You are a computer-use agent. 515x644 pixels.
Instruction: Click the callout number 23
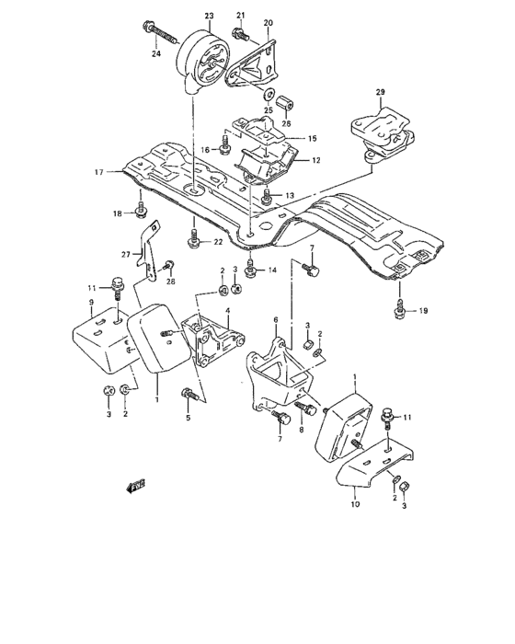[208, 17]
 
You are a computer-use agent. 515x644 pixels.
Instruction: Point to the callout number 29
[380, 93]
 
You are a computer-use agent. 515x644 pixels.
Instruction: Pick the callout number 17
[109, 170]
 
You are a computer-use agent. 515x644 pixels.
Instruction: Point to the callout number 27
[126, 255]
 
